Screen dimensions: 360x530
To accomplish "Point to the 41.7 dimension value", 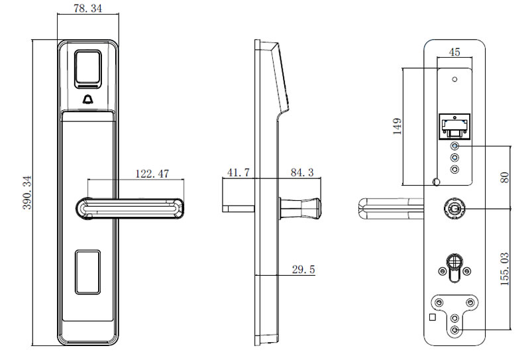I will coord(238,173).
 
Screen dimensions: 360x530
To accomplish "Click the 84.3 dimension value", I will coord(302,173).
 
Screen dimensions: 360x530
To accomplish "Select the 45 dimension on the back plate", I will coord(454,52).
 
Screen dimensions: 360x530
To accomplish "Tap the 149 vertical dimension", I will coord(397,126).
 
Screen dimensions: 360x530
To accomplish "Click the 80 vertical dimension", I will coord(505,177).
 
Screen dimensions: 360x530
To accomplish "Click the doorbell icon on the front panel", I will coord(88,100).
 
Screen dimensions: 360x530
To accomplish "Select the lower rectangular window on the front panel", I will coord(88,271).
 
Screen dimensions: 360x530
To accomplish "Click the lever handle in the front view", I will coord(132,208).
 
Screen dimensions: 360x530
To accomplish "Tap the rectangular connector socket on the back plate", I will coord(454,125).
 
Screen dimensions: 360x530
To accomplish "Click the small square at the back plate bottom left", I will coord(432,318).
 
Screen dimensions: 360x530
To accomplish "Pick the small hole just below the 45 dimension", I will coord(454,80).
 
